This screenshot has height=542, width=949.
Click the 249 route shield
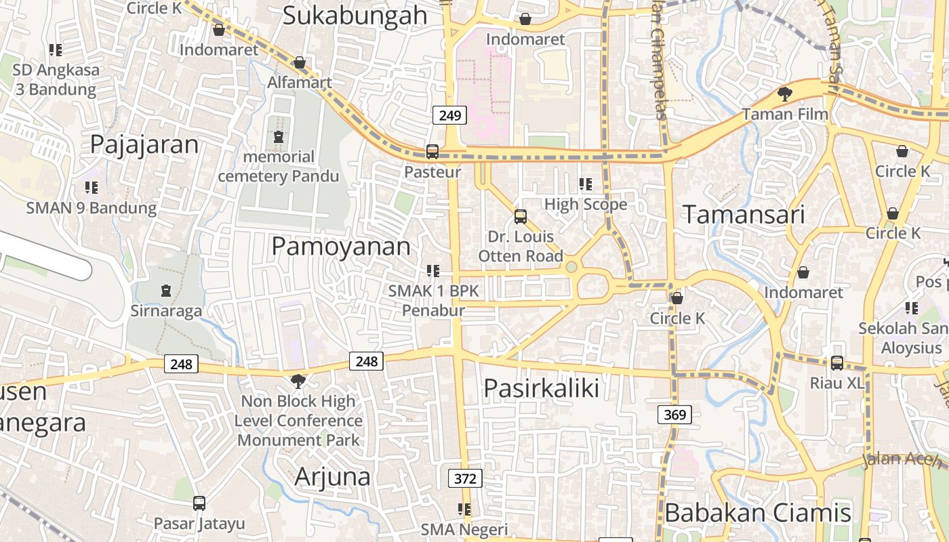point(449,115)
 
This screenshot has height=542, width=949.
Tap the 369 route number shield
point(675,414)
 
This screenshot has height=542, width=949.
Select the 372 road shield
point(465,478)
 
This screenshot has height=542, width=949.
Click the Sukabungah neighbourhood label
point(355,15)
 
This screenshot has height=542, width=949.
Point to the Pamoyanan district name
point(341,247)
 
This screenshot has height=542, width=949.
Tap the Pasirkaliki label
point(541,389)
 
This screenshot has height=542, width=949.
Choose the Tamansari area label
point(744,215)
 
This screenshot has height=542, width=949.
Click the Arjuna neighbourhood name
point(332,477)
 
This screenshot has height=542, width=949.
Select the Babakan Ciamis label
point(758,513)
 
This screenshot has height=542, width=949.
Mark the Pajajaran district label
point(144,144)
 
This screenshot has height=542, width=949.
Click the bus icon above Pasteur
point(432,152)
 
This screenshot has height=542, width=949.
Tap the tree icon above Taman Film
point(785,93)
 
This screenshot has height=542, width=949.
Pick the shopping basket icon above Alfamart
point(300,63)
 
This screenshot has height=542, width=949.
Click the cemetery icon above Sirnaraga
point(166,291)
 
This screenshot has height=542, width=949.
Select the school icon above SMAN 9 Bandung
point(91,188)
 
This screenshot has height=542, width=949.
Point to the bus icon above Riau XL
point(837,363)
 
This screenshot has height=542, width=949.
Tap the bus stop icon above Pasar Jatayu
point(199,503)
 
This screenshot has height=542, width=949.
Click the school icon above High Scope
point(586,184)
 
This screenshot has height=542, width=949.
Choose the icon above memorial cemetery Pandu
point(279,137)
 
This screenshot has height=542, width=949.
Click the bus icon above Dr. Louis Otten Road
point(520,216)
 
